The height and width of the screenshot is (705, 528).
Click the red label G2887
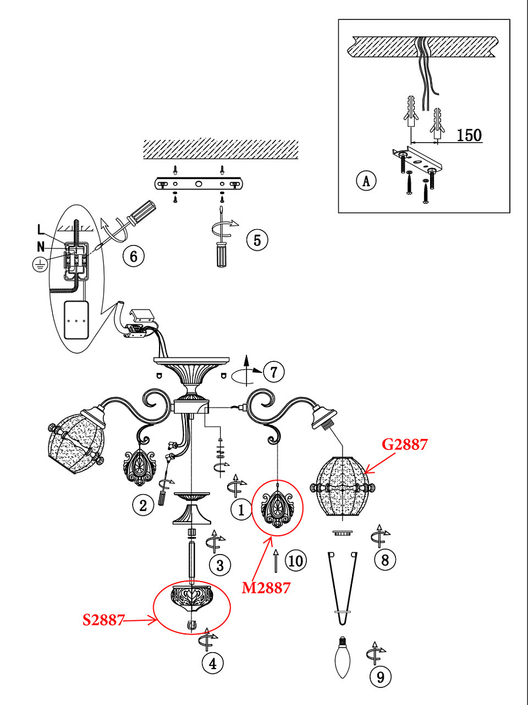[x=405, y=445]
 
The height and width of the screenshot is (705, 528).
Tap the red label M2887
[x=266, y=588]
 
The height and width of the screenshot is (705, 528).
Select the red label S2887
[x=103, y=620]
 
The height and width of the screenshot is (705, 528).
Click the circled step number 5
[x=257, y=240]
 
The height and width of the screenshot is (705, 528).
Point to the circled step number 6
[x=134, y=256]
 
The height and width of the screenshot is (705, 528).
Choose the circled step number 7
[x=273, y=372]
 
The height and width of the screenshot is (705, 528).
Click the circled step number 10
[x=296, y=561]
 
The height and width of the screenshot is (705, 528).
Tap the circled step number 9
[x=381, y=677]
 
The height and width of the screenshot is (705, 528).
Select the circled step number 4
[x=213, y=663]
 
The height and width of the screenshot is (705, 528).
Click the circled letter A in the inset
[x=366, y=181]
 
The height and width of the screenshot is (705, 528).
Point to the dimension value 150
[x=469, y=135]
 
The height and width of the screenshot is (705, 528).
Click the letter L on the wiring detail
[x=40, y=230]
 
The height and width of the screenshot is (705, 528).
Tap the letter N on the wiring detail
[x=40, y=247]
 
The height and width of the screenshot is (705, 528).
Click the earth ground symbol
[x=40, y=264]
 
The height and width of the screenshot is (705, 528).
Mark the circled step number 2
[x=143, y=506]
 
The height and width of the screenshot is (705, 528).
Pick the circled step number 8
[x=385, y=560]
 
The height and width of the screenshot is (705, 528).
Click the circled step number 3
[x=220, y=565]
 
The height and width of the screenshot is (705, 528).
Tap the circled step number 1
[x=241, y=510]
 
